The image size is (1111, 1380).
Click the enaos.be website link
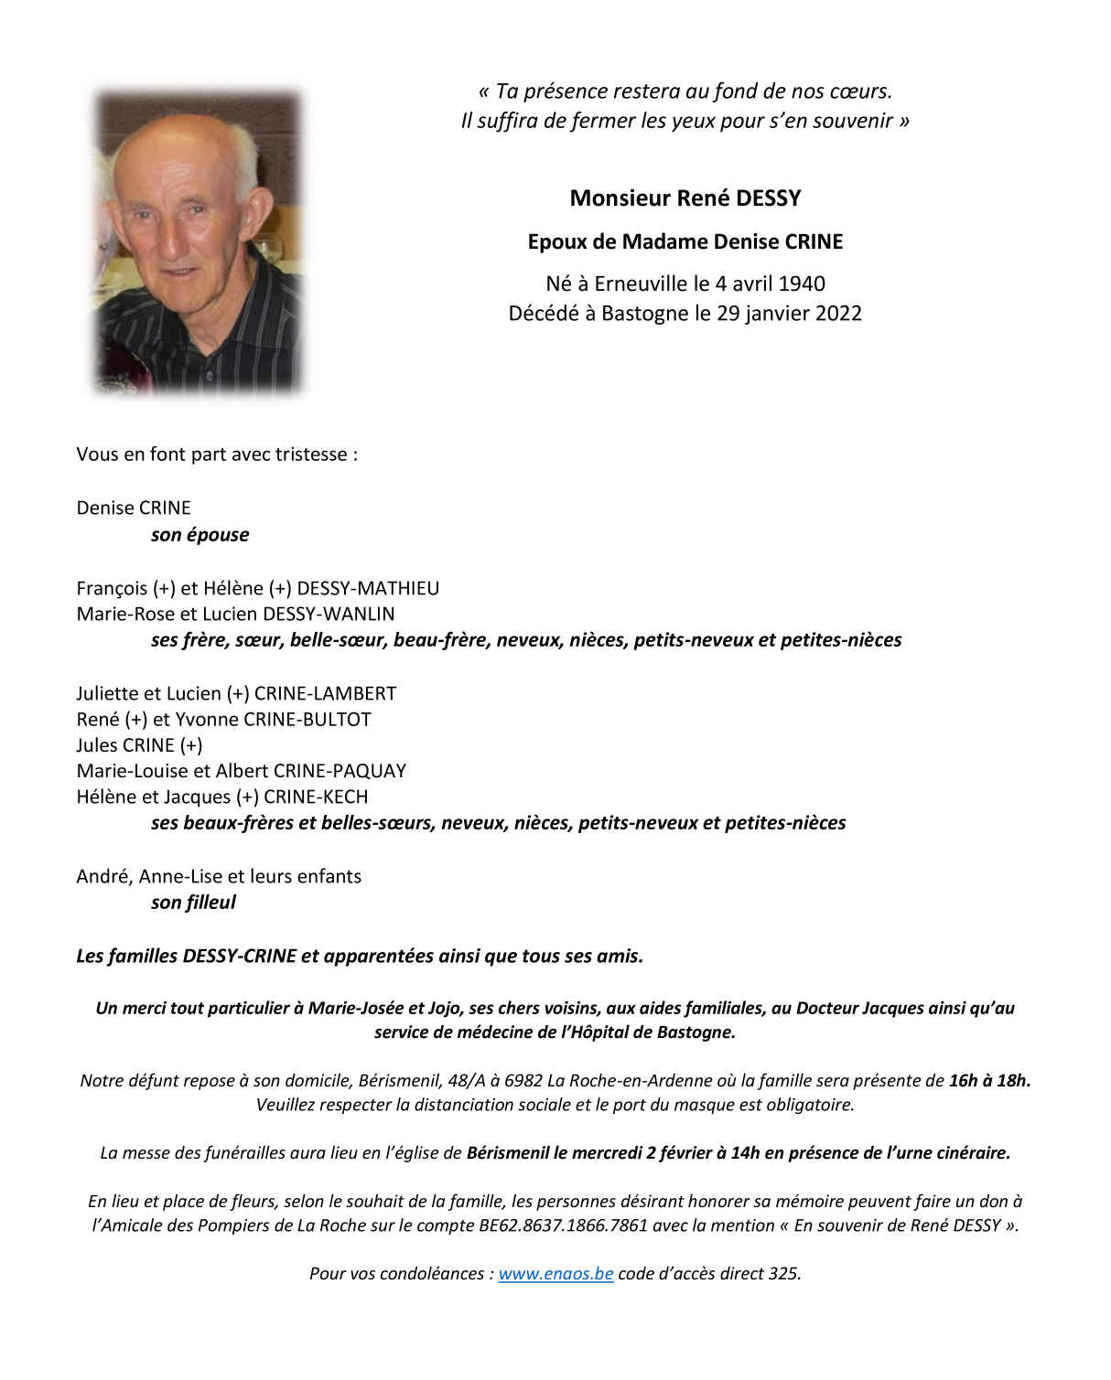click(555, 1273)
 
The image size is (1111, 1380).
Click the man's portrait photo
click(198, 242)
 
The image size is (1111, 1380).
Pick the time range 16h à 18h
click(989, 1080)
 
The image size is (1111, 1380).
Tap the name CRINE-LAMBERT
click(325, 693)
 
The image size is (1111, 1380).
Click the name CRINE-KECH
click(316, 797)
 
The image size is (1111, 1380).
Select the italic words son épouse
click(200, 535)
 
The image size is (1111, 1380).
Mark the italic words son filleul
click(193, 903)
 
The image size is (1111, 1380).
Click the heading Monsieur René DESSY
click(685, 198)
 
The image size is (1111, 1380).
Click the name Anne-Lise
click(180, 876)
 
